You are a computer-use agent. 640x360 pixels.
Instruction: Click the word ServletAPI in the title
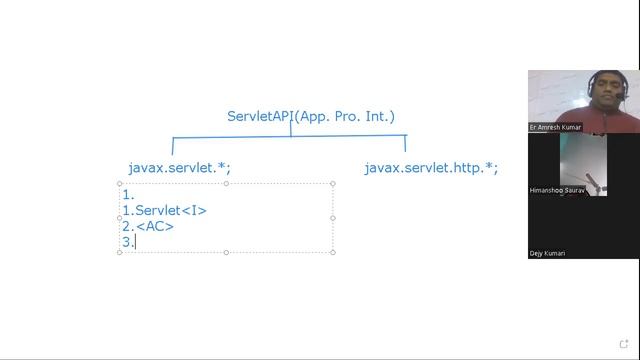click(259, 116)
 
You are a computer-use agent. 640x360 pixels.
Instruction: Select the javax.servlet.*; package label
click(186, 168)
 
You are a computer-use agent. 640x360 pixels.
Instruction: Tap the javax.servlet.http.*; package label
click(431, 168)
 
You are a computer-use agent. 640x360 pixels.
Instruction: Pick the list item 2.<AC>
click(148, 226)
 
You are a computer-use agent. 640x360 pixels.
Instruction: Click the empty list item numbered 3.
click(128, 242)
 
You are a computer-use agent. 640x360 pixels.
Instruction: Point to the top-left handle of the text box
click(120, 183)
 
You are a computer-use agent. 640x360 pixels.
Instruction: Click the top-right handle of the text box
click(332, 183)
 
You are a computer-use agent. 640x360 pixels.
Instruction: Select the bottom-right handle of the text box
click(332, 252)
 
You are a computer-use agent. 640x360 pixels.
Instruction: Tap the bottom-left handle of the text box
click(120, 252)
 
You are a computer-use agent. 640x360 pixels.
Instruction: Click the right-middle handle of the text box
click(332, 218)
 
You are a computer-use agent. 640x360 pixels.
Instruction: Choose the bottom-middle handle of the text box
click(226, 252)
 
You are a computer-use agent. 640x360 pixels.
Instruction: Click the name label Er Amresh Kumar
click(553, 128)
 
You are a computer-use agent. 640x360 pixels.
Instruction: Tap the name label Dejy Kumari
click(547, 253)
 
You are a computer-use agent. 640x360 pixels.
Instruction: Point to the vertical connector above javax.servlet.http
click(405, 144)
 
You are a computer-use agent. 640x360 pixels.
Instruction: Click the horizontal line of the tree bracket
click(289, 136)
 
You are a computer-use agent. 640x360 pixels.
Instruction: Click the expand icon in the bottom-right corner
click(625, 346)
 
